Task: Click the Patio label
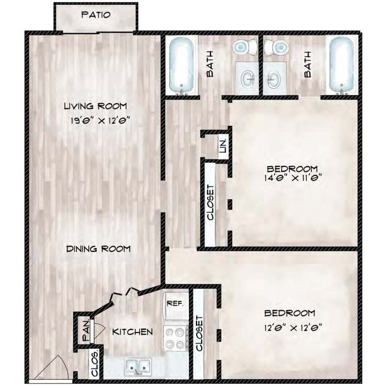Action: click(95, 14)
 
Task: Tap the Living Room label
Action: click(95, 106)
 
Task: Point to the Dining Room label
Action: click(99, 249)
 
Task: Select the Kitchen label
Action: click(133, 331)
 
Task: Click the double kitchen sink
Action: click(137, 367)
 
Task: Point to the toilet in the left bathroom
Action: click(243, 48)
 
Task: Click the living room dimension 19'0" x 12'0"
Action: click(95, 122)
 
